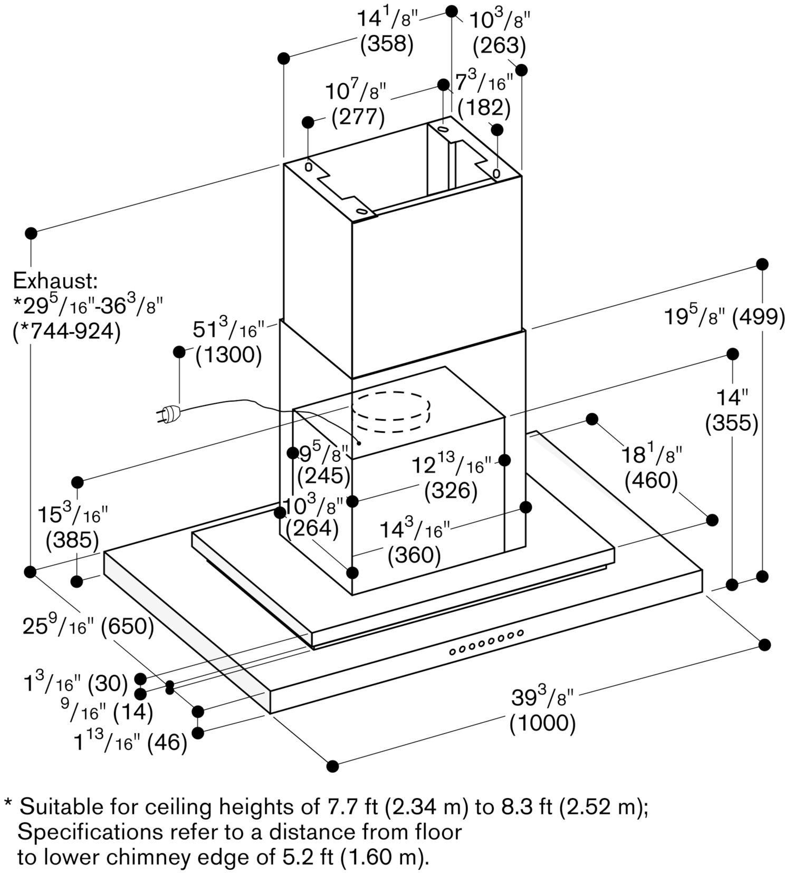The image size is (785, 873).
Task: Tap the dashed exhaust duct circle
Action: pos(390,413)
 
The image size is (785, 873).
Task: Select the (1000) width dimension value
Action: pos(542,723)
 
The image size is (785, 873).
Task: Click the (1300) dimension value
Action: pos(228,355)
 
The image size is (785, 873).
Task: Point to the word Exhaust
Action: pos(55,280)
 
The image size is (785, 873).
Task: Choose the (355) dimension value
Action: pos(732,423)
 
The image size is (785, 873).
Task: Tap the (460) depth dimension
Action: pos(651,480)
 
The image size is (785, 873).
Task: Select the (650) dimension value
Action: pos(127,627)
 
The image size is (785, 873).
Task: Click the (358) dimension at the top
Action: pos(386,44)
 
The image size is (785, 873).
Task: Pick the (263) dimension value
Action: pos(499,46)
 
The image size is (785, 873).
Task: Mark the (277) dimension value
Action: pos(358,117)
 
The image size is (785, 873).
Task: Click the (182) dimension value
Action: pos(484,108)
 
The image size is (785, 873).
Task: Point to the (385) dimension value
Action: pos(72,539)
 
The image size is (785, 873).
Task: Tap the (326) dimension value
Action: pos(451,491)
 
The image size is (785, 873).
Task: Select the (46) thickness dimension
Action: pos(167,743)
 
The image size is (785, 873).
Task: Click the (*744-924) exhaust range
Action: pos(66,331)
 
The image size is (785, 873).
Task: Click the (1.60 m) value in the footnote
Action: pos(383,857)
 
